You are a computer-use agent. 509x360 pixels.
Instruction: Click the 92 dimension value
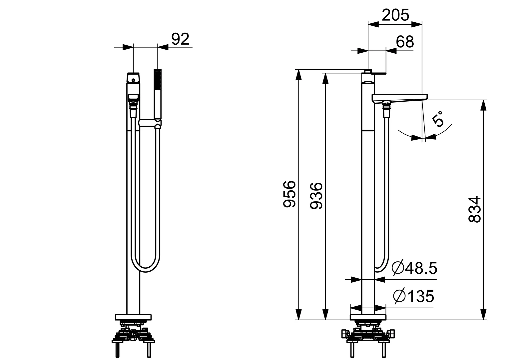tap(180, 39)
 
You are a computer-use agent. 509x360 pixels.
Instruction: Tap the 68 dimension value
tap(405, 42)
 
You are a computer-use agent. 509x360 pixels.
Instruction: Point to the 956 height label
tap(289, 194)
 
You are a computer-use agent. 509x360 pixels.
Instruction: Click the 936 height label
tap(316, 196)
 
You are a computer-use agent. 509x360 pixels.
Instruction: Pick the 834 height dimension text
tap(475, 209)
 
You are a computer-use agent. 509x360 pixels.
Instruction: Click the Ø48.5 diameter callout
tap(414, 268)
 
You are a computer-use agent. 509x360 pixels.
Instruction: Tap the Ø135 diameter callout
tap(413, 296)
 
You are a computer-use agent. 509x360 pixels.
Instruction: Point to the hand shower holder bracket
tap(150, 123)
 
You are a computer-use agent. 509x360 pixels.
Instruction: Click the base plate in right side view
tap(368, 317)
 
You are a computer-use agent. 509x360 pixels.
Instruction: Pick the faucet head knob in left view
tap(133, 79)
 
